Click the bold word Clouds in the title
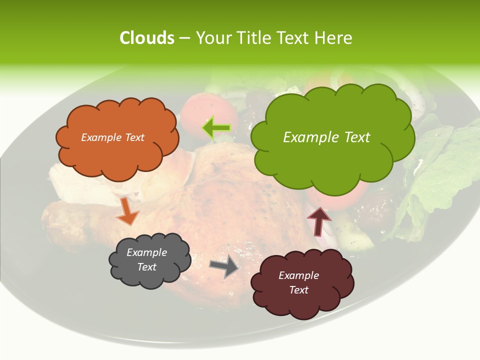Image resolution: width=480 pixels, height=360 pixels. (x=146, y=38)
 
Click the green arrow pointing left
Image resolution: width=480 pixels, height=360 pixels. (x=216, y=128)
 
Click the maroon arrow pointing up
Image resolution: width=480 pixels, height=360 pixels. (x=318, y=221)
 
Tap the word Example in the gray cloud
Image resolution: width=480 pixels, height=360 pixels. (x=146, y=252)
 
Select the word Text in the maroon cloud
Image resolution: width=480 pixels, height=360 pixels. (x=298, y=290)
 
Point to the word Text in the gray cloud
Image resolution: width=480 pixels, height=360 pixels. (x=146, y=267)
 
